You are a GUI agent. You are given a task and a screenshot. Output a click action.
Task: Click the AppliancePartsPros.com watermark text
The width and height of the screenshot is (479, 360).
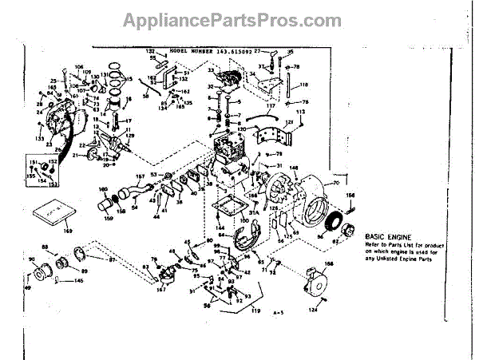(239, 17)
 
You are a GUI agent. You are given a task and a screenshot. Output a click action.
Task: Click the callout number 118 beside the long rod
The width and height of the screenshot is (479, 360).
(304, 84)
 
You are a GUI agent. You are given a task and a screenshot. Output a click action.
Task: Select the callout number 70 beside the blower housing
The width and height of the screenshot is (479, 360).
(335, 183)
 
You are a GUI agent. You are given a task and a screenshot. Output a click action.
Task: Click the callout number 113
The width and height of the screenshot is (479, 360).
(301, 113)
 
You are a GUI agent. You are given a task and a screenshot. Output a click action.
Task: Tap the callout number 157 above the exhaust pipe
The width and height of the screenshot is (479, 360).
(141, 175)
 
